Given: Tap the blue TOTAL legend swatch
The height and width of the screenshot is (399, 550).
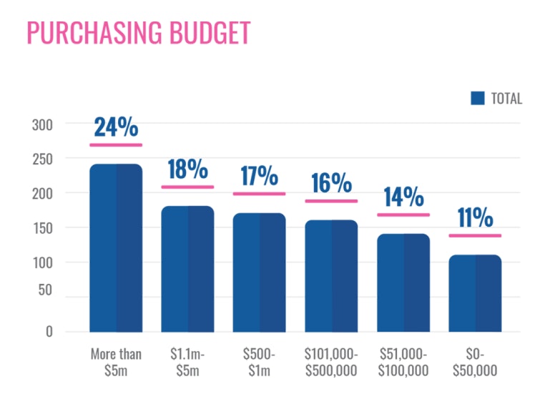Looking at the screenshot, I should tap(478, 99).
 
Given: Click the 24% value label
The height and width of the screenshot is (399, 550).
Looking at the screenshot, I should tap(116, 127).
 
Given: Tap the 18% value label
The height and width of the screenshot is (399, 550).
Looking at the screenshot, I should tap(187, 169).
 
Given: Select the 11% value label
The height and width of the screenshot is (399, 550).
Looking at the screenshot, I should tap(475, 218).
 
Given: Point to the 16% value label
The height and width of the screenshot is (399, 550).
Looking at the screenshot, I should tap(331, 183).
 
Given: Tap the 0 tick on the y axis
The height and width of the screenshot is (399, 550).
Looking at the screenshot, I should tap(49, 332).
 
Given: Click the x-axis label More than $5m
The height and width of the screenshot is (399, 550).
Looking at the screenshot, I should tap(116, 362).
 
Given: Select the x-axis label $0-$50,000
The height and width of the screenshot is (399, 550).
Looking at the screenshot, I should tap(475, 362).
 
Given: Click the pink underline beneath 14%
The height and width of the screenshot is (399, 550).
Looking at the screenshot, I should tap(403, 215).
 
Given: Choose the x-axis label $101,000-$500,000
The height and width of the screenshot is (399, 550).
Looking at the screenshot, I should tap(331, 362).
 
